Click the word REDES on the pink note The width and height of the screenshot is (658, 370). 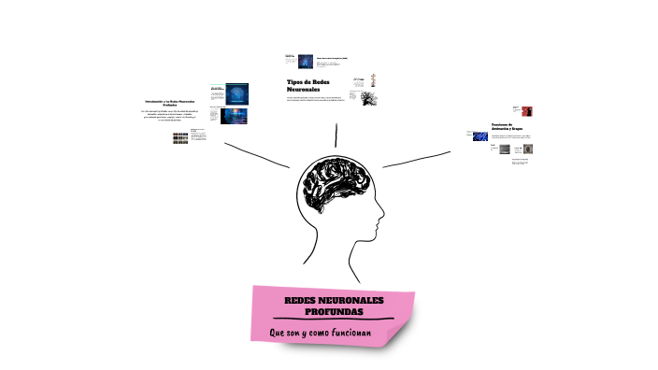point(302,299)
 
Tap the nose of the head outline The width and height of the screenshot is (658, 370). point(380,221)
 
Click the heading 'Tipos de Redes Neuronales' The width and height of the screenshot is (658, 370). point(309,85)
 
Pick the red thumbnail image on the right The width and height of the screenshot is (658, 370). point(515,111)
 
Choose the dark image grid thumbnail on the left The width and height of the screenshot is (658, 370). point(180,137)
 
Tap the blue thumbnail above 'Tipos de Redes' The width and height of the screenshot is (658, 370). point(305,62)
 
